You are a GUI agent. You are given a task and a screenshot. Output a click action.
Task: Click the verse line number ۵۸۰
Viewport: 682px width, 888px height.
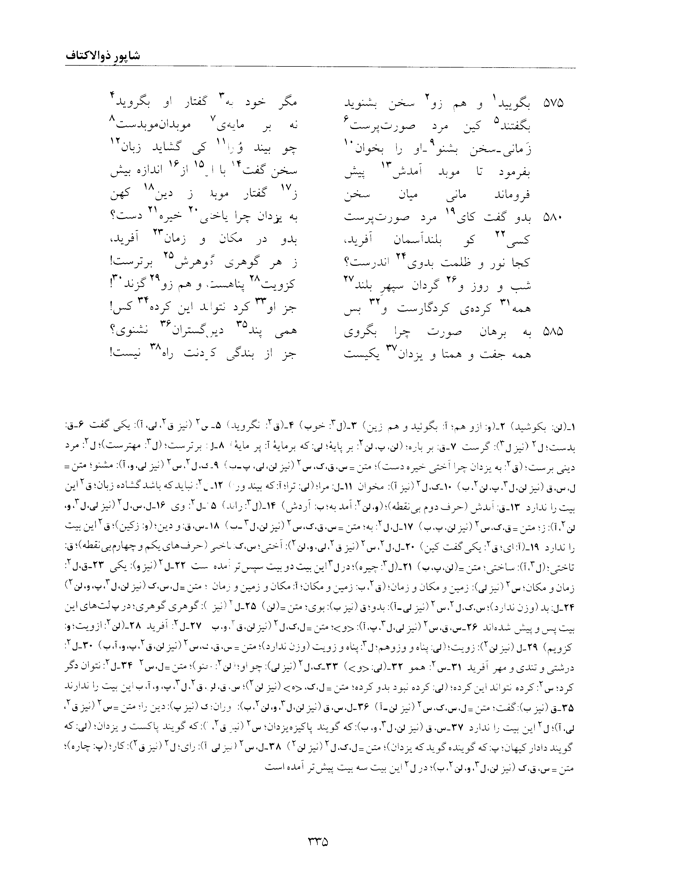coord(553,218)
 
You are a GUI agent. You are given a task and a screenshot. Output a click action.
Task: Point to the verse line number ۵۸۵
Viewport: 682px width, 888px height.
coord(553,332)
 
